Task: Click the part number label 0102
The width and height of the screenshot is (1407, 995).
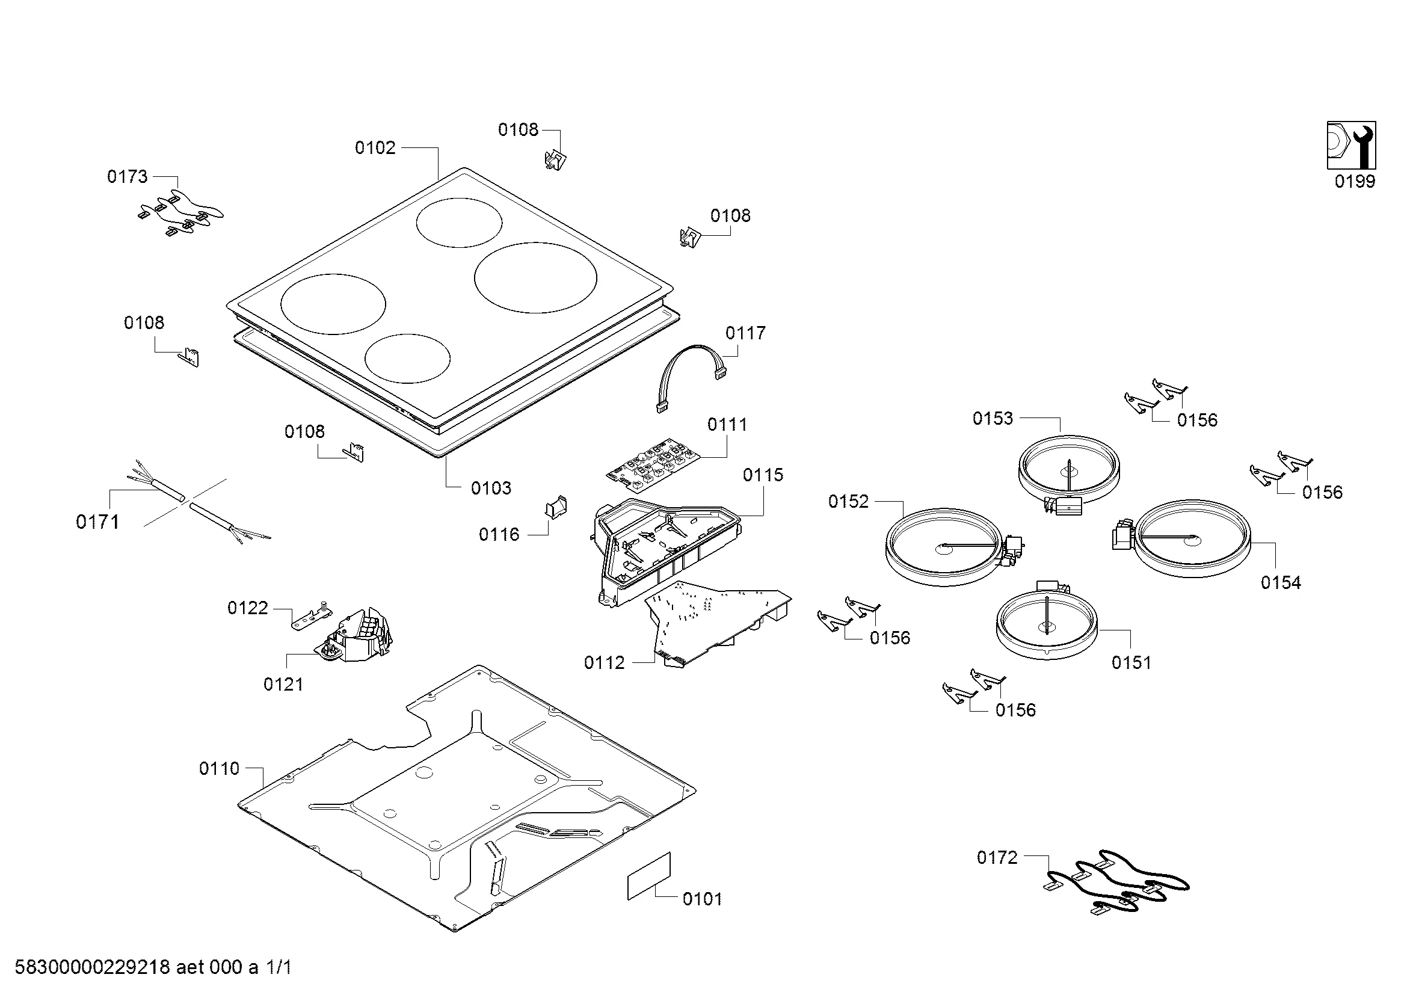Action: click(x=375, y=147)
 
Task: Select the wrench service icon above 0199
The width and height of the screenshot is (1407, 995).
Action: click(x=1351, y=144)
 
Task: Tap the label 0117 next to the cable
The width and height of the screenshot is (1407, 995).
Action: click(x=745, y=333)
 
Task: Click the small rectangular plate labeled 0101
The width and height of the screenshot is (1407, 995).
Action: click(x=649, y=876)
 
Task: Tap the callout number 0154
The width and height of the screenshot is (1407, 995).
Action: click(x=1281, y=583)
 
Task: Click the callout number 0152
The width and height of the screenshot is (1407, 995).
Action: click(x=848, y=502)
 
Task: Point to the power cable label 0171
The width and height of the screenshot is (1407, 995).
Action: click(x=97, y=522)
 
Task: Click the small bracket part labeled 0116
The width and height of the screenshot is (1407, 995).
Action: click(x=556, y=507)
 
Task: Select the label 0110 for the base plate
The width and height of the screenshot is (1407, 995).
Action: click(x=220, y=768)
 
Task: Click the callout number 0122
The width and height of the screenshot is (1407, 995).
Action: click(x=248, y=608)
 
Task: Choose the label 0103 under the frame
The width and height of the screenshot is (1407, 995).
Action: click(x=491, y=488)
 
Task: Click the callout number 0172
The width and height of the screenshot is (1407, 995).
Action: click(x=997, y=858)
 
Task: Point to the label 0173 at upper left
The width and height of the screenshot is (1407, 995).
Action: click(x=128, y=176)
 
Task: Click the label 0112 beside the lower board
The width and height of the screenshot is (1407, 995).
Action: click(x=604, y=662)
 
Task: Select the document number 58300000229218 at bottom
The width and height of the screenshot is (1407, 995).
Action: click(x=92, y=967)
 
